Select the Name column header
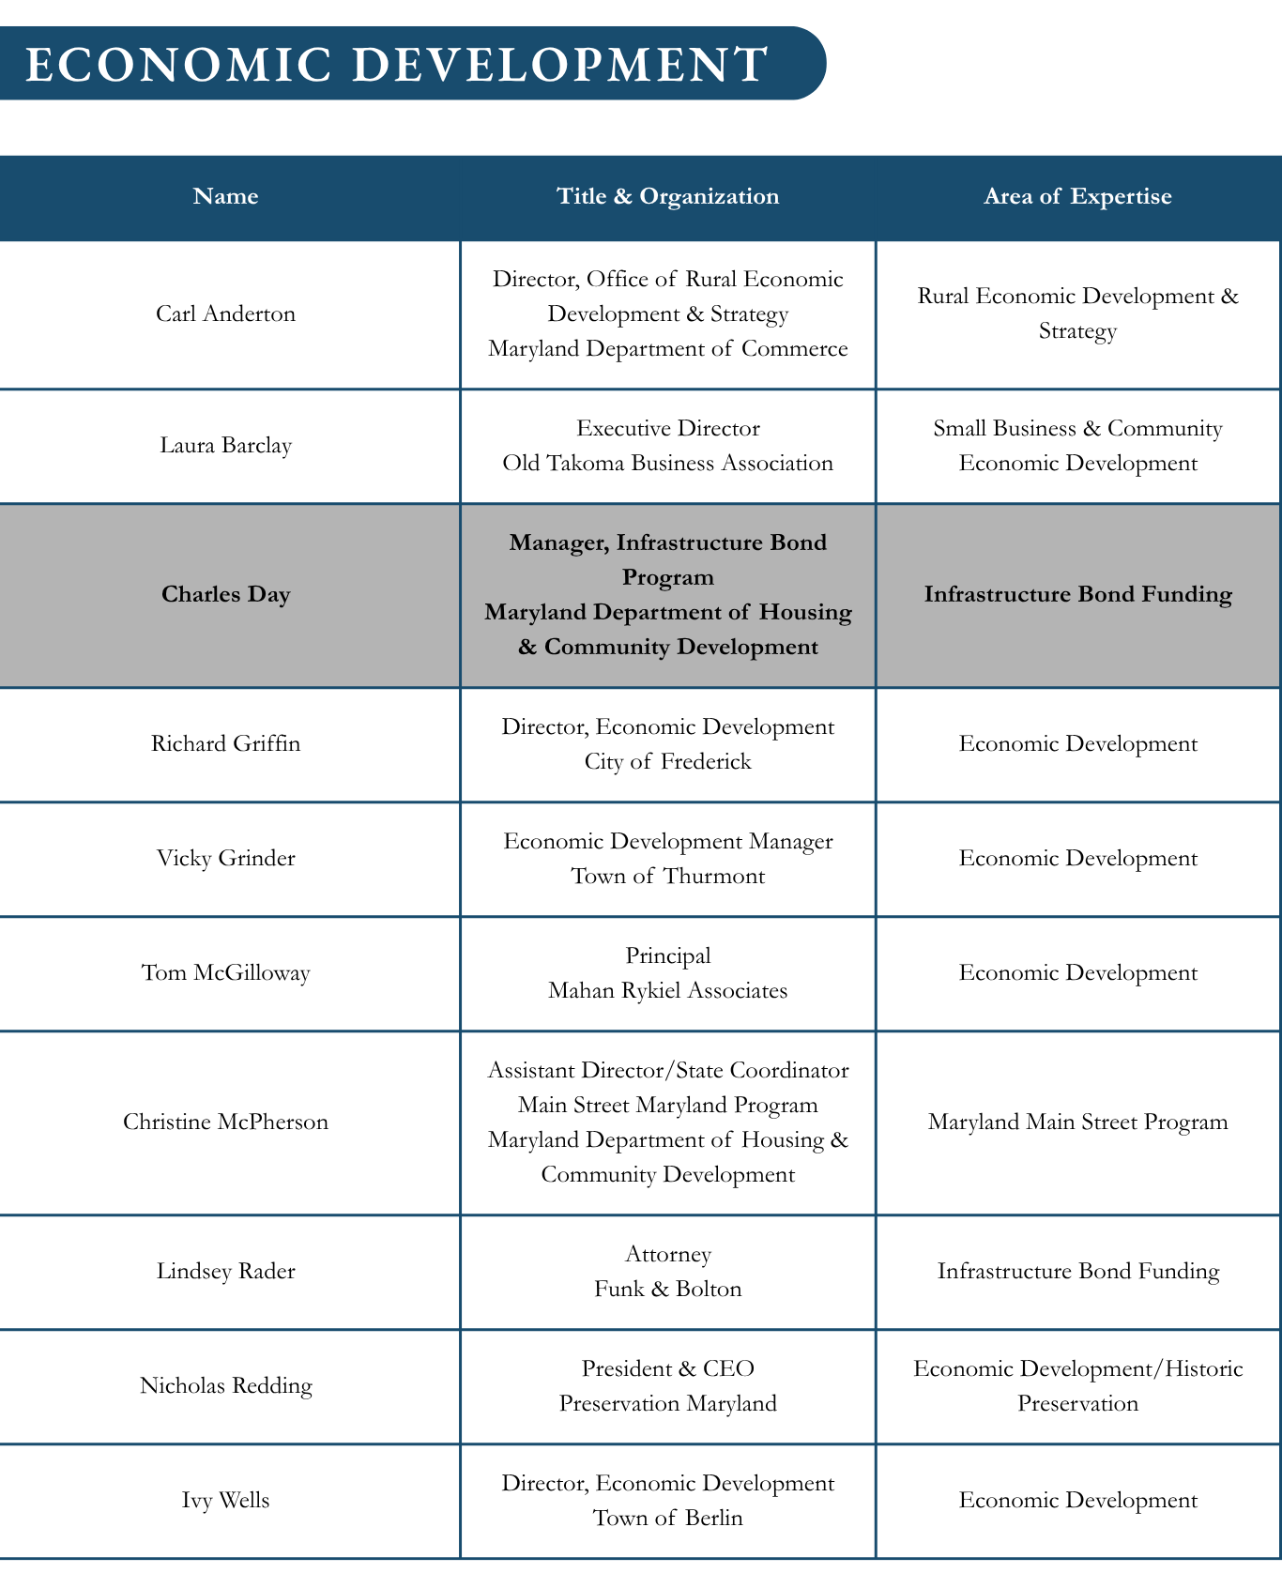coord(225,196)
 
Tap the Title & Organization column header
coord(667,196)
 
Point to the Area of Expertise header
coord(1077,196)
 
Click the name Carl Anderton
coord(225,313)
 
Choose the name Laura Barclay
coord(225,445)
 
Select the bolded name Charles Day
coord(225,594)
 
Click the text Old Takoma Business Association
coord(667,463)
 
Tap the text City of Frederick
coord(667,761)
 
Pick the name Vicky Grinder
coord(225,858)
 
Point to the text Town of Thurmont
coord(667,876)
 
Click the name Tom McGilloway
coord(225,972)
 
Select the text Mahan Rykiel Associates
coord(667,990)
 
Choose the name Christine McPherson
coord(225,1122)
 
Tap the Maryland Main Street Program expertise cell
coord(1077,1122)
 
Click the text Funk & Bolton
coord(667,1289)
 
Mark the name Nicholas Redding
coord(225,1385)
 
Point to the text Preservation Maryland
coord(667,1403)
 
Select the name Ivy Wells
coord(225,1500)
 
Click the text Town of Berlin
coord(667,1518)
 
